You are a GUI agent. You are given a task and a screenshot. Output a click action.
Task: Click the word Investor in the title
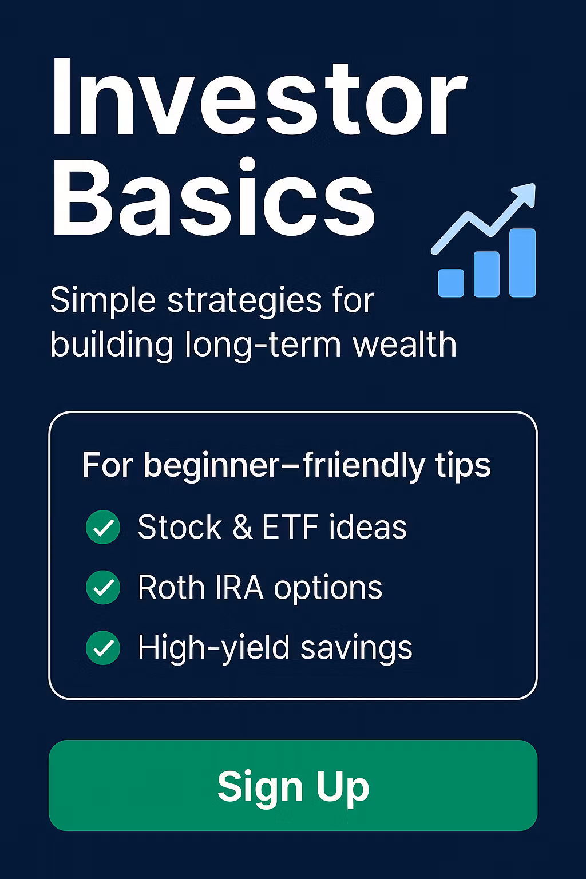click(259, 97)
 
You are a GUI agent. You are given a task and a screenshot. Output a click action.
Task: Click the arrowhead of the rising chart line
click(525, 193)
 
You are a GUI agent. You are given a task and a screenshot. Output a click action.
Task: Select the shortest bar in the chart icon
click(451, 283)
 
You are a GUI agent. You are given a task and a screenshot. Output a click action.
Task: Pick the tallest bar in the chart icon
click(522, 263)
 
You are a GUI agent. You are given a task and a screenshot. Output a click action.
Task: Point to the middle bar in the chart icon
click(486, 274)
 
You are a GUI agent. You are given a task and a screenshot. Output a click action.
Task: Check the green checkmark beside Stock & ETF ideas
click(103, 527)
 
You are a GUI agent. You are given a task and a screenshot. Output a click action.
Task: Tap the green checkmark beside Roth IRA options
click(103, 587)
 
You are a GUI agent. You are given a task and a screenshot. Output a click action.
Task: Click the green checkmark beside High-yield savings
click(103, 647)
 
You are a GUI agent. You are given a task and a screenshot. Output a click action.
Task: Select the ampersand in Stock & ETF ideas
click(243, 527)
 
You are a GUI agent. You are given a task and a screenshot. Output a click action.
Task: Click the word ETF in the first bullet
click(290, 527)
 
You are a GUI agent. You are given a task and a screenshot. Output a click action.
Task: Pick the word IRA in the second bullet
click(239, 588)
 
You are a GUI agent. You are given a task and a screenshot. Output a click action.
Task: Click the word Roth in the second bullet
click(172, 587)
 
